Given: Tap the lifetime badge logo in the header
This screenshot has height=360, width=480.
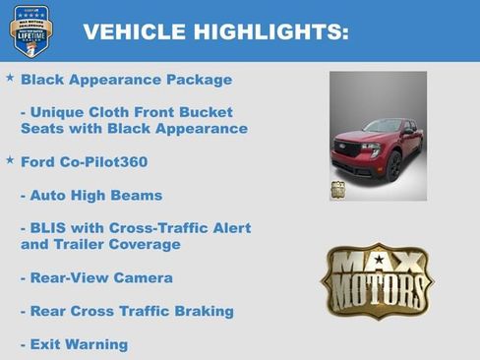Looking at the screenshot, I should [30, 30].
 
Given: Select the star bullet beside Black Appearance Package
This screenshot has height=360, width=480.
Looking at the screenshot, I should [10, 77].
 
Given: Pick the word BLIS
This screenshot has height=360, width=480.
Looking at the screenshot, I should [51, 228].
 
